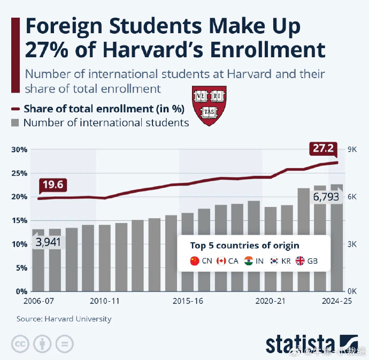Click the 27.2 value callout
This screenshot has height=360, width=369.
pos(323,148)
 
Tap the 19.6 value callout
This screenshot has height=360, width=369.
pos(53,185)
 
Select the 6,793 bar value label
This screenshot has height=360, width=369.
pos(327,198)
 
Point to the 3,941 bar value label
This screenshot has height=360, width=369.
pos(48,242)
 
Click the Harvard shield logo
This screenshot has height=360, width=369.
pos(205,105)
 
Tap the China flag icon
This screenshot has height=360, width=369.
pos(195,261)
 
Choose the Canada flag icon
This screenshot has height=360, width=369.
pos(221,261)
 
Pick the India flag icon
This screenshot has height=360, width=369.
pos(248,261)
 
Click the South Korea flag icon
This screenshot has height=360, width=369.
pos(274,261)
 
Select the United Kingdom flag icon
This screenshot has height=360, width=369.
pos(299,261)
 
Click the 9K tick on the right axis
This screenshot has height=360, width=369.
pos(352,149)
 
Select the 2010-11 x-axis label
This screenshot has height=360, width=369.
pos(104,301)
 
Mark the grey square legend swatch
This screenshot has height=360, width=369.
pos(16,123)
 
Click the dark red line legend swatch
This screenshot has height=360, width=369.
pos(16,109)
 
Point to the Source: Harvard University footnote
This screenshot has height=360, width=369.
pos(64,319)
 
